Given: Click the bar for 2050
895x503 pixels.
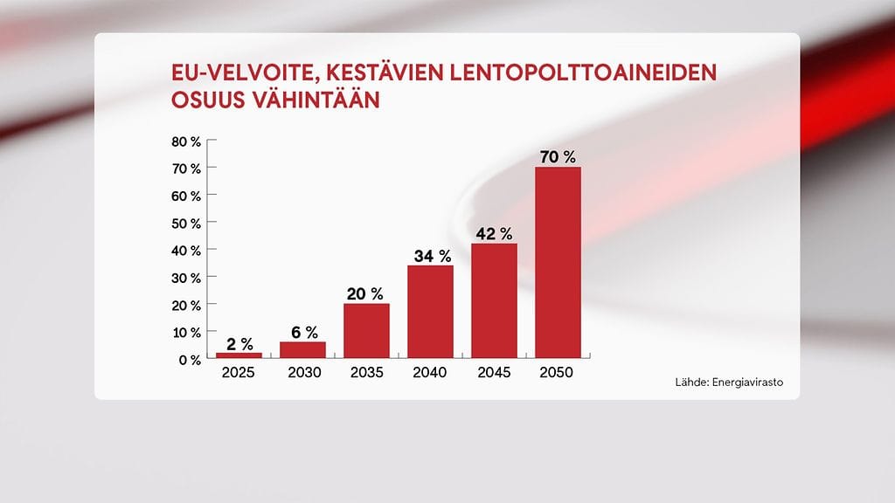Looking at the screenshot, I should (558, 262).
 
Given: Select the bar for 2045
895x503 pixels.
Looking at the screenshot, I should (494, 300).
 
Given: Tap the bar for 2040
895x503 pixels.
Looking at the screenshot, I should (430, 312).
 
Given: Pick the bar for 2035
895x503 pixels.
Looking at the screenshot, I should (366, 331).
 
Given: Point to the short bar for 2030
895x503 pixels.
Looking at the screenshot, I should (302, 349).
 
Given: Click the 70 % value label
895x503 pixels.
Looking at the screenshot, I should (558, 157).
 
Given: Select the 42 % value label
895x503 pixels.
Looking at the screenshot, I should (494, 234).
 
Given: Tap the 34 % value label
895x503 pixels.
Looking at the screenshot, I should (430, 256).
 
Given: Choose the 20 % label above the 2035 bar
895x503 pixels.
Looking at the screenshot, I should (366, 293).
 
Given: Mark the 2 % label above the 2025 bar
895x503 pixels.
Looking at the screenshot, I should (239, 343).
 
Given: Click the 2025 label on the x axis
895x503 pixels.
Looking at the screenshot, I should (239, 373).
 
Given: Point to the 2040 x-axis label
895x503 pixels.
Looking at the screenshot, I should (430, 373).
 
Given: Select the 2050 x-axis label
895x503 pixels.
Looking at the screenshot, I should (558, 373).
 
